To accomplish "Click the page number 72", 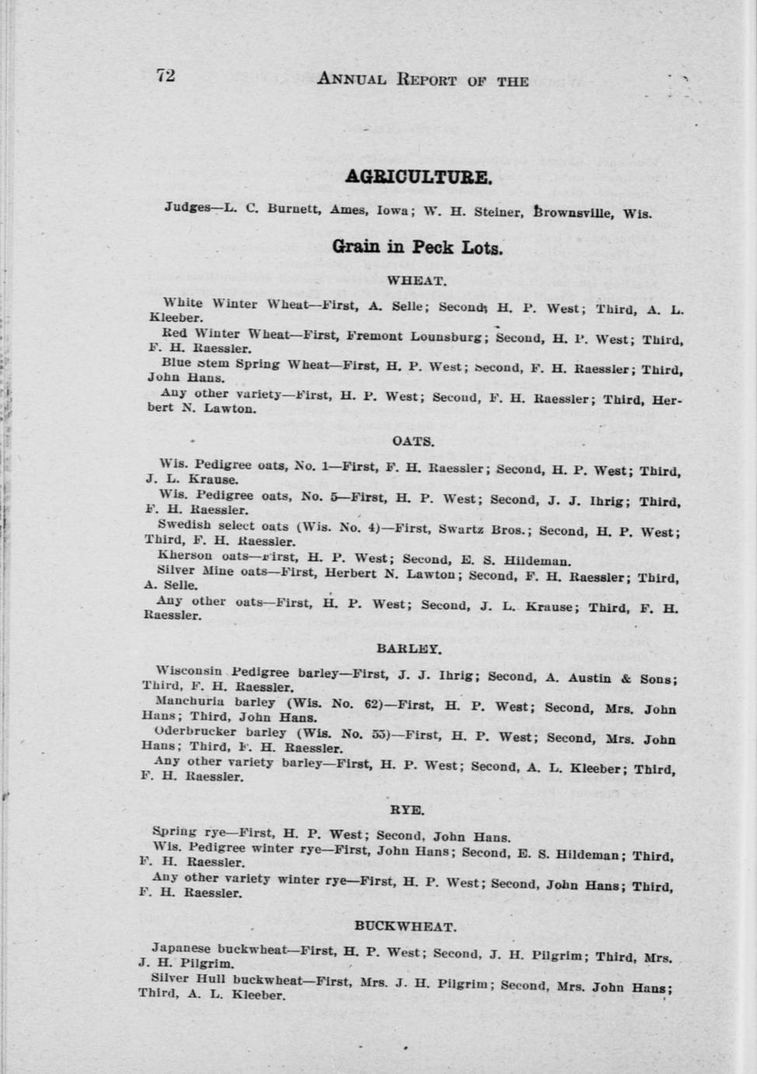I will click(165, 75).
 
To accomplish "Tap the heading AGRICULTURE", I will click(418, 177).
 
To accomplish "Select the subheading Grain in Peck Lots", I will click(418, 248).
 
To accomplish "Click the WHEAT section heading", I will click(417, 281).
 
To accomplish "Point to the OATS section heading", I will click(413, 441).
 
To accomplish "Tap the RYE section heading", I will click(407, 810).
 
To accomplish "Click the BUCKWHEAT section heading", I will click(405, 926).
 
